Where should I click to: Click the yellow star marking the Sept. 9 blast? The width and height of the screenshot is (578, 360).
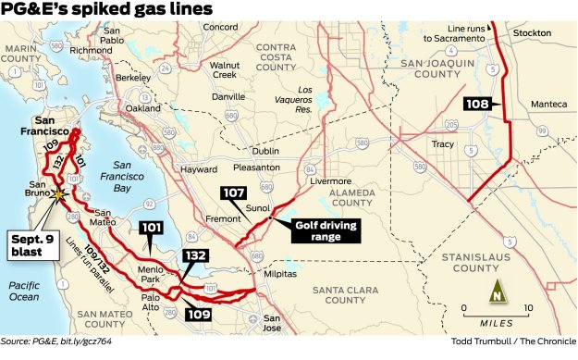[60, 194]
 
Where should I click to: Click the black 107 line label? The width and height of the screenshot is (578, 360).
[232, 193]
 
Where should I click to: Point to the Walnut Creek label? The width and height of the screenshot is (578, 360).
[224, 71]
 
